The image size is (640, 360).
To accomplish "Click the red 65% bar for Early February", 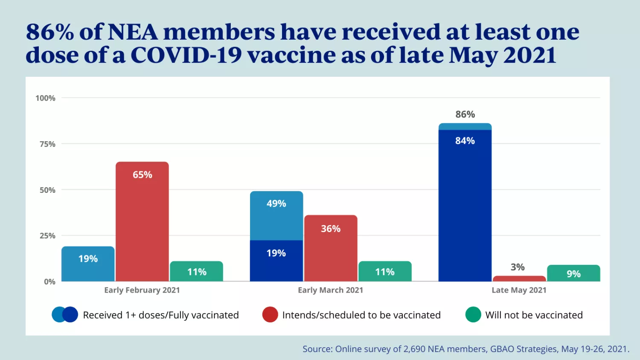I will (142, 222).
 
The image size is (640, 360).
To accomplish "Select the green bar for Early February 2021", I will (196, 271).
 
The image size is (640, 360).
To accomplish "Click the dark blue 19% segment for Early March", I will (276, 261).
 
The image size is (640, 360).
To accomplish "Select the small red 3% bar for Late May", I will (519, 279).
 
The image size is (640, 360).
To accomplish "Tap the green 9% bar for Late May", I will (573, 273).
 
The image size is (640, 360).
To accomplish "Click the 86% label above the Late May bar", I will (465, 114).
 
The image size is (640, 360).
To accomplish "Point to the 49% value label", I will (276, 203).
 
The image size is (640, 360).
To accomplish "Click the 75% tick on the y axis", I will (47, 144).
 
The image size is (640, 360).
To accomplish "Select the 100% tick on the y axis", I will (45, 98).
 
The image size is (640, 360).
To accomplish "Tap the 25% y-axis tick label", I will (47, 236).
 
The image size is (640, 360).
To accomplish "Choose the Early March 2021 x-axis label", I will (330, 290).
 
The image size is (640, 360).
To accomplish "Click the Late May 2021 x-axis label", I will (519, 290).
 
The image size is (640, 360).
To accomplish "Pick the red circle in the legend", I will (270, 315).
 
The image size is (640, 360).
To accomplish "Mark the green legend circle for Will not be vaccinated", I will (473, 315).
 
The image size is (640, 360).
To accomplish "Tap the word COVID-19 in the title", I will (186, 55).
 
